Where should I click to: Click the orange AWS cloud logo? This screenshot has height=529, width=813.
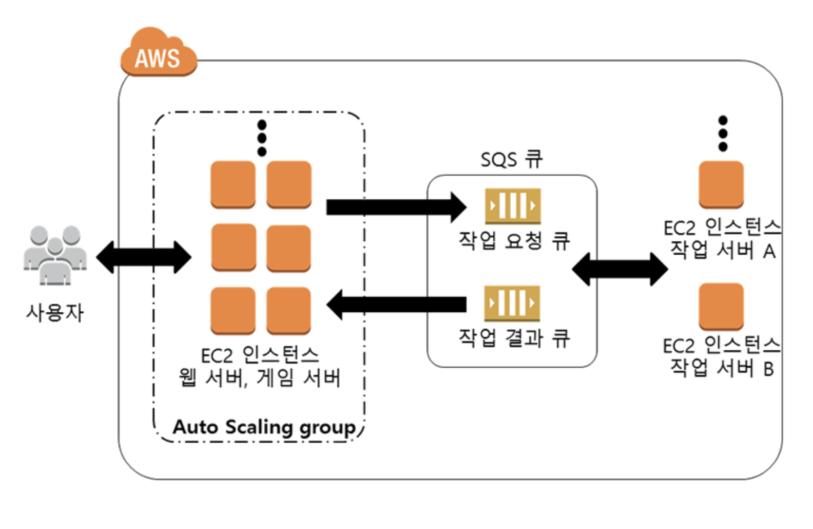click(159, 53)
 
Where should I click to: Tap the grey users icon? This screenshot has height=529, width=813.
click(55, 255)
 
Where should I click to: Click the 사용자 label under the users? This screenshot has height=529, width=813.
click(54, 312)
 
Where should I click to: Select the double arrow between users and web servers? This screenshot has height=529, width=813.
click(144, 257)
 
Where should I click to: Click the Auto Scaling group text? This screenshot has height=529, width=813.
click(264, 427)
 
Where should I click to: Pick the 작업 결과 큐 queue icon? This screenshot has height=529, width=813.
click(512, 304)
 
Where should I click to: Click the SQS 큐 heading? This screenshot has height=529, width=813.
click(511, 159)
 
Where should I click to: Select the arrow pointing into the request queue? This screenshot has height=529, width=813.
click(395, 207)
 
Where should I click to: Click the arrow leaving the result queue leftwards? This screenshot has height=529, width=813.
click(395, 305)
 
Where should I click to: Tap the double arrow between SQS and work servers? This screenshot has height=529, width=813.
click(620, 269)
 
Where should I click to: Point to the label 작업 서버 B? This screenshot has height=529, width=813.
click(722, 368)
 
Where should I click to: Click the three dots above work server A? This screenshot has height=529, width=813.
click(723, 134)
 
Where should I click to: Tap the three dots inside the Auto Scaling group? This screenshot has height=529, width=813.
click(262, 138)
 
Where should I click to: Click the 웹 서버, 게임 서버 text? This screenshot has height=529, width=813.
click(259, 379)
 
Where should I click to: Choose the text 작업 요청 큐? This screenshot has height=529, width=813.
click(514, 240)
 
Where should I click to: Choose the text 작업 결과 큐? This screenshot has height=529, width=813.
click(514, 338)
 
